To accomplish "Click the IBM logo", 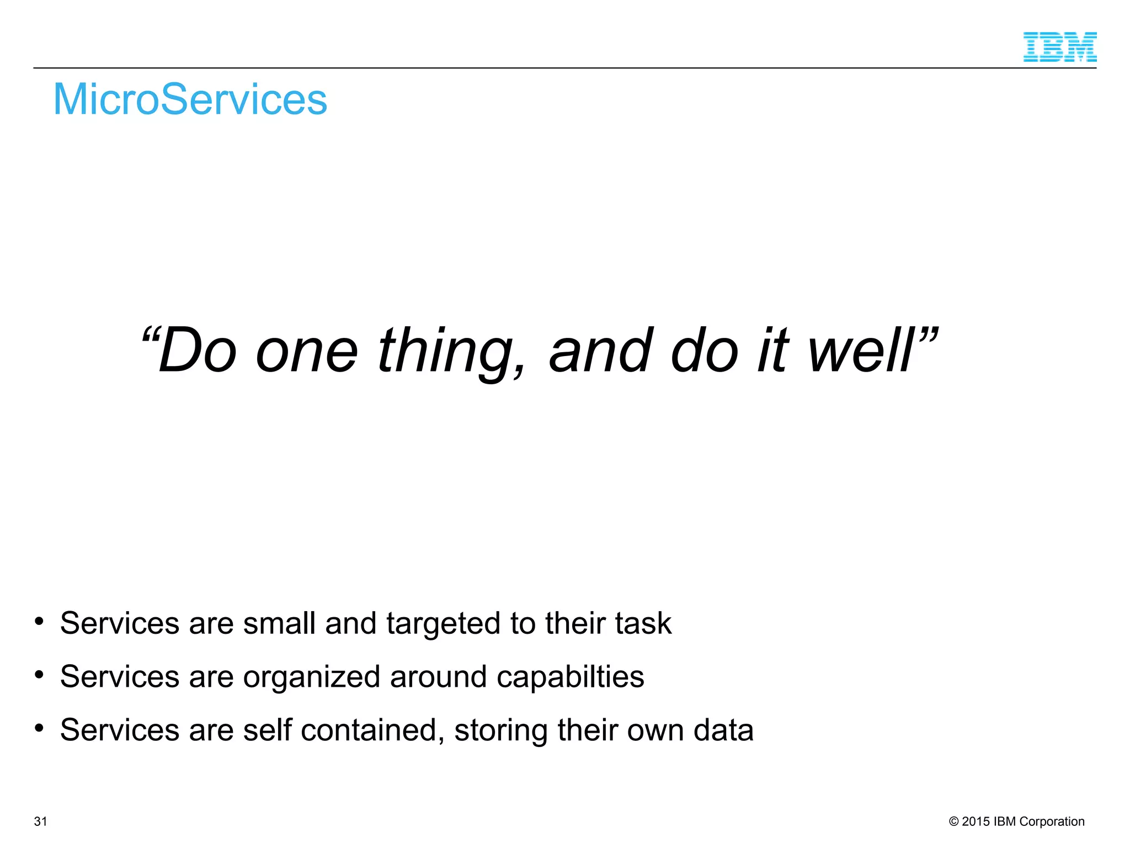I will tap(1059, 47).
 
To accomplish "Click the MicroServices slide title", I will tap(190, 99).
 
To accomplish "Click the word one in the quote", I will tap(307, 352).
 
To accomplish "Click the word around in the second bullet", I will tap(438, 677).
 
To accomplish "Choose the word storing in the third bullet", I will tap(501, 731).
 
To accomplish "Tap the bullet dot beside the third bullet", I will tap(39, 728).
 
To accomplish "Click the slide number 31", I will tap(40, 821).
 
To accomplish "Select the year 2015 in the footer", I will tap(976, 821).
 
